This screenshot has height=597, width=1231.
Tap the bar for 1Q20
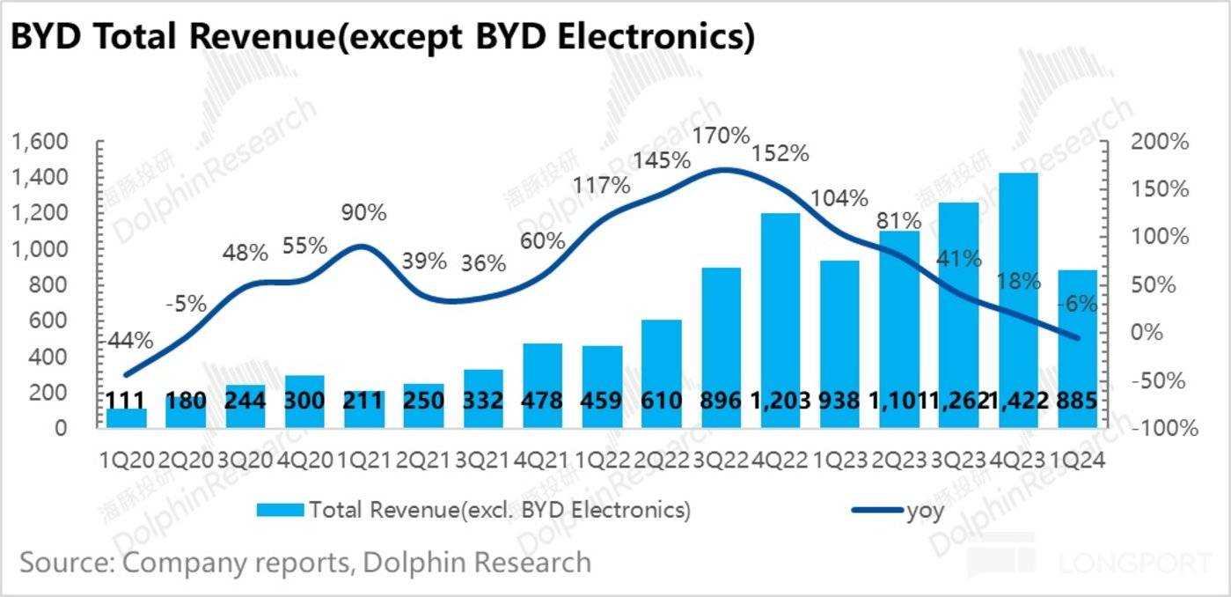[127, 417]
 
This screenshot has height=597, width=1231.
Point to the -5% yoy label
[186, 305]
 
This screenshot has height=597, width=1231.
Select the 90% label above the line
[364, 213]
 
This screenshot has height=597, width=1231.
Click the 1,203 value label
[780, 402]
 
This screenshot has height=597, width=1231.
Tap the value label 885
[1077, 402]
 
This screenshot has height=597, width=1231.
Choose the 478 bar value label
[542, 402]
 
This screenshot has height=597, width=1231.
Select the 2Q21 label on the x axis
[423, 459]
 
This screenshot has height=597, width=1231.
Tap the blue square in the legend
[279, 509]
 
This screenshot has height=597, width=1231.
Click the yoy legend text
[926, 511]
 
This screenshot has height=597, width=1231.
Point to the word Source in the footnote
[67, 562]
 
